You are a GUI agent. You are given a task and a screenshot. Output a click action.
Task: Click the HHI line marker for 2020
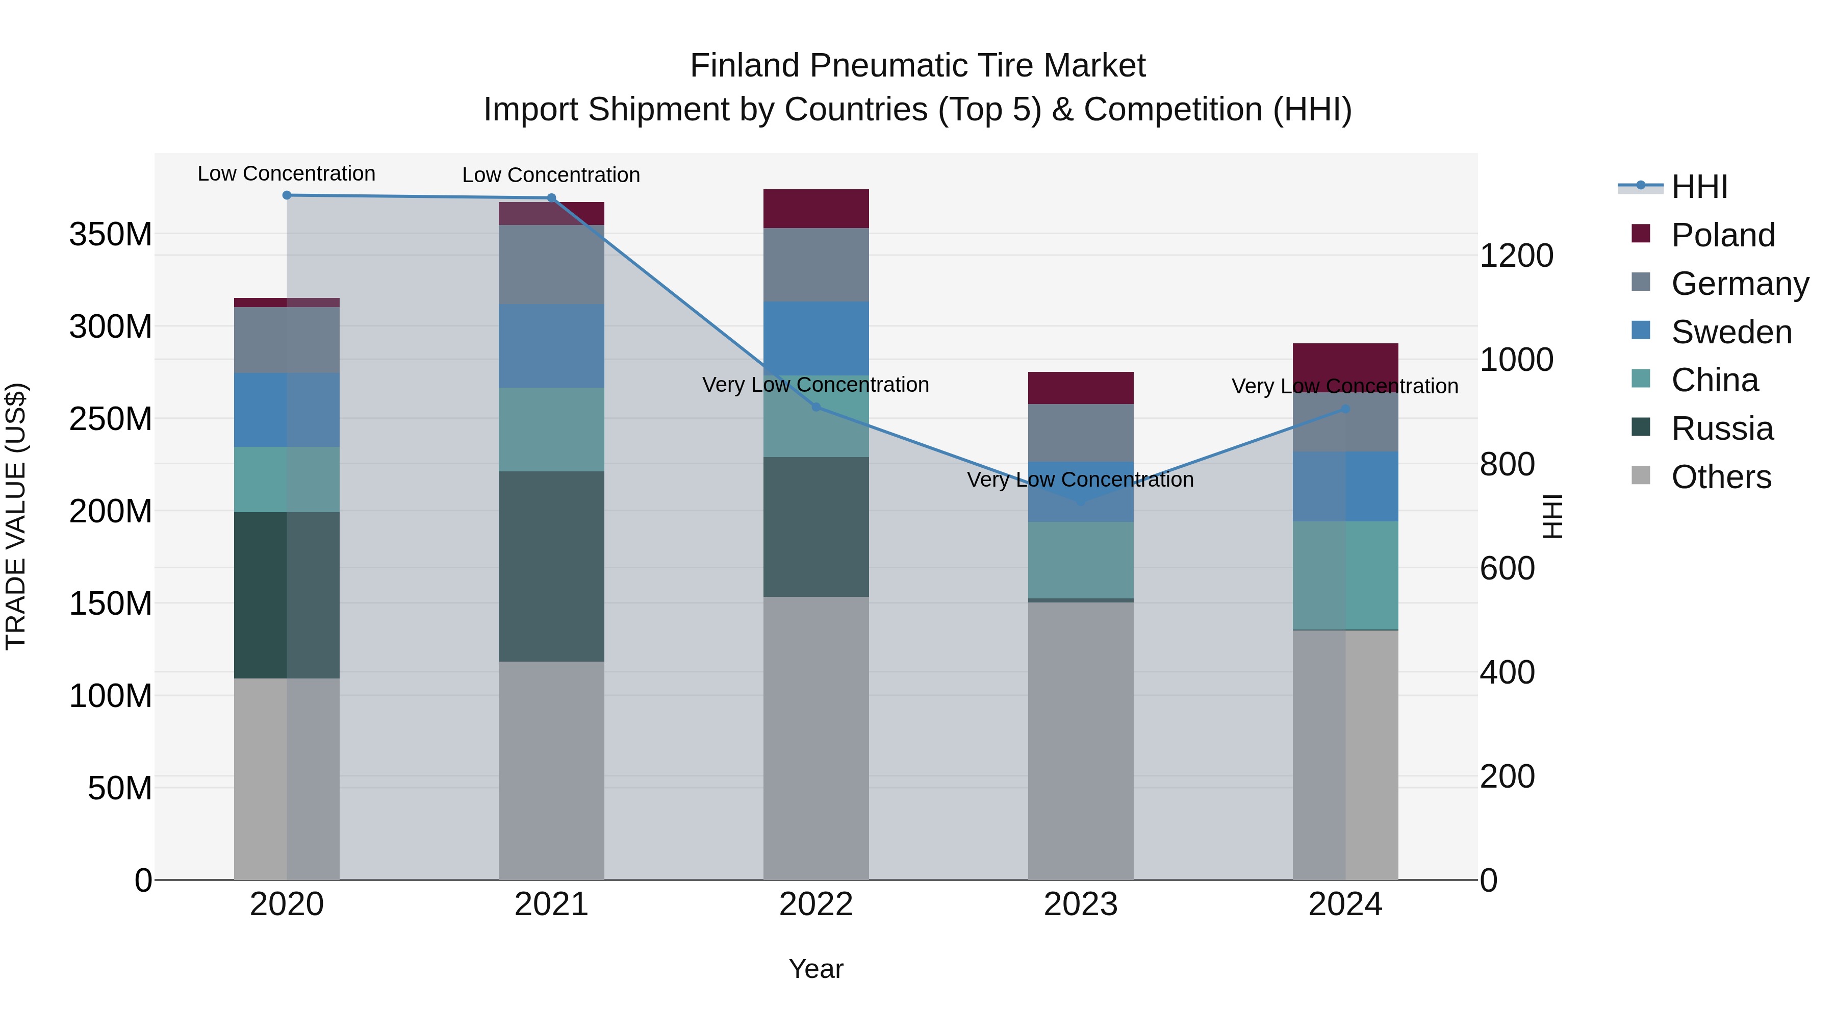coord(287,195)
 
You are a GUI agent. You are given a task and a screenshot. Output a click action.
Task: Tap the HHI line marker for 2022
coord(816,407)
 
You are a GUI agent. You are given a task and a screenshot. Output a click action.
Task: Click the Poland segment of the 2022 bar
coord(816,209)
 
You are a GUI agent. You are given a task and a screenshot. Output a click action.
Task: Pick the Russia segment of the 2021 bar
coord(551,566)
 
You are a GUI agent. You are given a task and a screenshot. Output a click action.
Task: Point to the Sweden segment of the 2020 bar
coord(287,410)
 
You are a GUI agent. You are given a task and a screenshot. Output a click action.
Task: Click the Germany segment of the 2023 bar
coord(1081,433)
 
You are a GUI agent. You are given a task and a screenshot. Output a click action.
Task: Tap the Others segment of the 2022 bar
coord(816,738)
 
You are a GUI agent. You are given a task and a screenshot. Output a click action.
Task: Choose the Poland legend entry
coord(1723,235)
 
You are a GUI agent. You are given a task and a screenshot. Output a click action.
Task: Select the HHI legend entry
coord(1699,187)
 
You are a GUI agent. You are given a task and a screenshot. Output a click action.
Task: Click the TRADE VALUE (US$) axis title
coord(16,516)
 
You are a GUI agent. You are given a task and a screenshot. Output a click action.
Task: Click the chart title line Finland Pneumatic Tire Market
coord(917,66)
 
